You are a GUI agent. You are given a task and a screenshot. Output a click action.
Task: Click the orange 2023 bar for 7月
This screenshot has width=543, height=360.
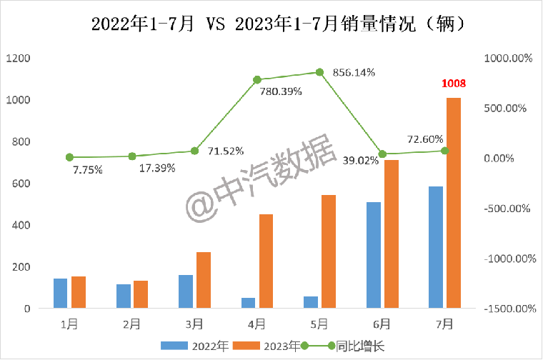tap(454, 204)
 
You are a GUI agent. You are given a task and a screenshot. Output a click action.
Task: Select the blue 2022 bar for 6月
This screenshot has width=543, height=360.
tap(373, 255)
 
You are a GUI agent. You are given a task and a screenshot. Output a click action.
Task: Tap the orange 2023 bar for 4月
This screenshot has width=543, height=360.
tap(266, 261)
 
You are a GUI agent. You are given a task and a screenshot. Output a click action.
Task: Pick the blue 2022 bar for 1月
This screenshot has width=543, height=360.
tap(60, 294)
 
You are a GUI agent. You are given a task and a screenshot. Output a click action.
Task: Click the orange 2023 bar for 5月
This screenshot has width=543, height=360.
tap(329, 251)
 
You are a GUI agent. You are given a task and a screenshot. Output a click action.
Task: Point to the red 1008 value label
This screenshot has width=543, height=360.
tap(454, 84)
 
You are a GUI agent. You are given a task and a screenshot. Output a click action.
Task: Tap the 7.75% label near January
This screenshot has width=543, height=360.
tap(87, 170)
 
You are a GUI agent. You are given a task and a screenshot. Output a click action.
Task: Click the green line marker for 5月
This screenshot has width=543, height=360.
tap(319, 72)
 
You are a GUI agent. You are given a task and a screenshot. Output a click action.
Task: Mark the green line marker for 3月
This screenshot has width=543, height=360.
tap(194, 151)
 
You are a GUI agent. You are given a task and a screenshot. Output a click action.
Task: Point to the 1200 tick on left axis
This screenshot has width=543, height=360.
tap(19, 58)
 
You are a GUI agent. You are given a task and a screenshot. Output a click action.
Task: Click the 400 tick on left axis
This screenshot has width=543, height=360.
tap(21, 225)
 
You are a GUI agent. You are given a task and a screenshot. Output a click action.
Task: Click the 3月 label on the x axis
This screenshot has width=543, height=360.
tap(194, 324)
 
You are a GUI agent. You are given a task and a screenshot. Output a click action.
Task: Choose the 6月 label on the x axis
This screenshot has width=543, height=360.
tap(382, 324)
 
